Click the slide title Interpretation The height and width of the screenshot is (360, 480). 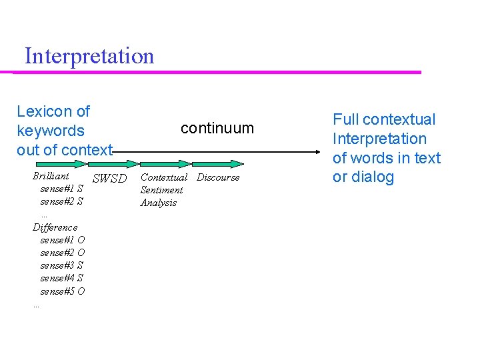coord(89,55)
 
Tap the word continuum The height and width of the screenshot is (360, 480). coord(217,128)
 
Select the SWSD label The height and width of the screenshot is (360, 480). coord(109,178)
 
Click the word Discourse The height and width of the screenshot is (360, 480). coord(218,177)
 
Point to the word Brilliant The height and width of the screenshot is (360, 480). coord(51,176)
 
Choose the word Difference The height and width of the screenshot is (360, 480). coord(55,227)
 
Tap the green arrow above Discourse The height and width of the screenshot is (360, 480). coord(217,163)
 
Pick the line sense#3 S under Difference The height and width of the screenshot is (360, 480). coord(62,265)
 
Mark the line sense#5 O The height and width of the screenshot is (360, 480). coord(62,291)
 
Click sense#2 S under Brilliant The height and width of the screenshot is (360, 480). coord(61,201)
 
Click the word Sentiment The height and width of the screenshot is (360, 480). coord(161,190)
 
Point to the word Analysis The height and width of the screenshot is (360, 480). coord(159,203)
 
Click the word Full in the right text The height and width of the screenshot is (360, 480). coord(345,120)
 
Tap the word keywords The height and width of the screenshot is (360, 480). coord(51,131)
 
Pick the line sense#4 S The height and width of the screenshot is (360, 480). coord(61,278)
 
